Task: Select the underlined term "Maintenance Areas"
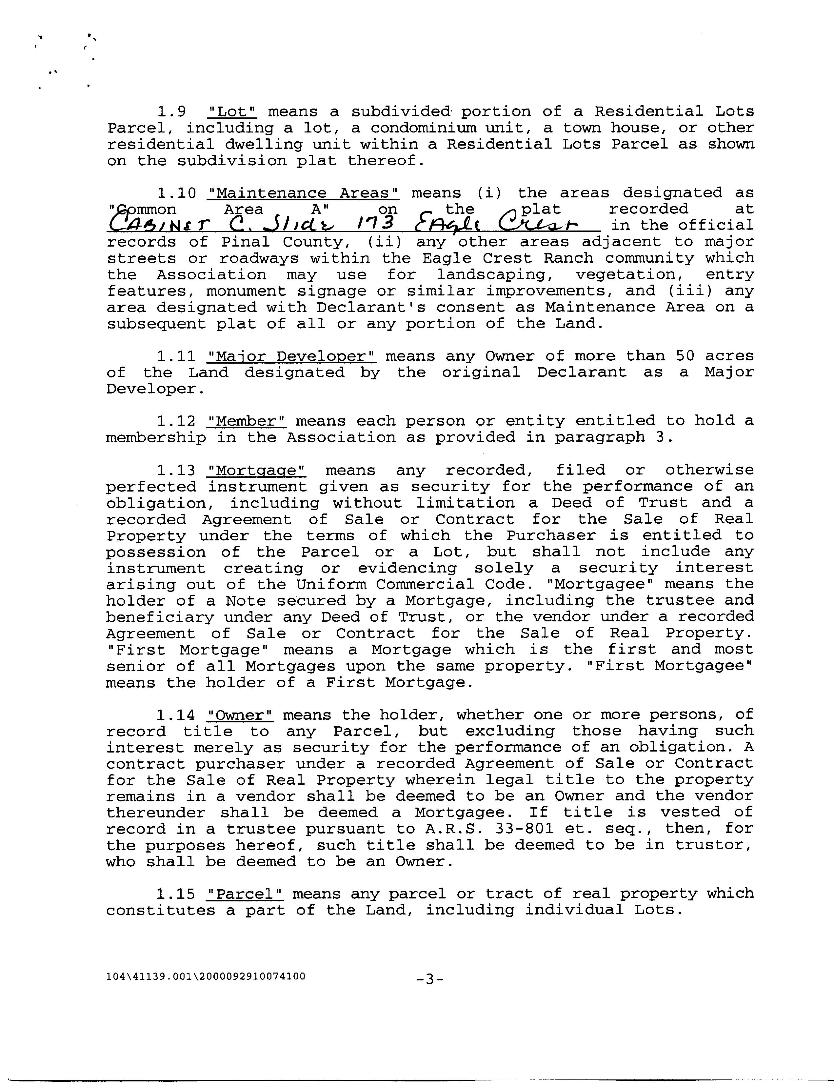pyautogui.click(x=303, y=193)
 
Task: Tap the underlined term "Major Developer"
pyautogui.click(x=291, y=356)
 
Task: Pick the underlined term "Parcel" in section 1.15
pyautogui.click(x=245, y=894)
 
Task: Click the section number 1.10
pyautogui.click(x=176, y=193)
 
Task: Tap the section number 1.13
pyautogui.click(x=176, y=470)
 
